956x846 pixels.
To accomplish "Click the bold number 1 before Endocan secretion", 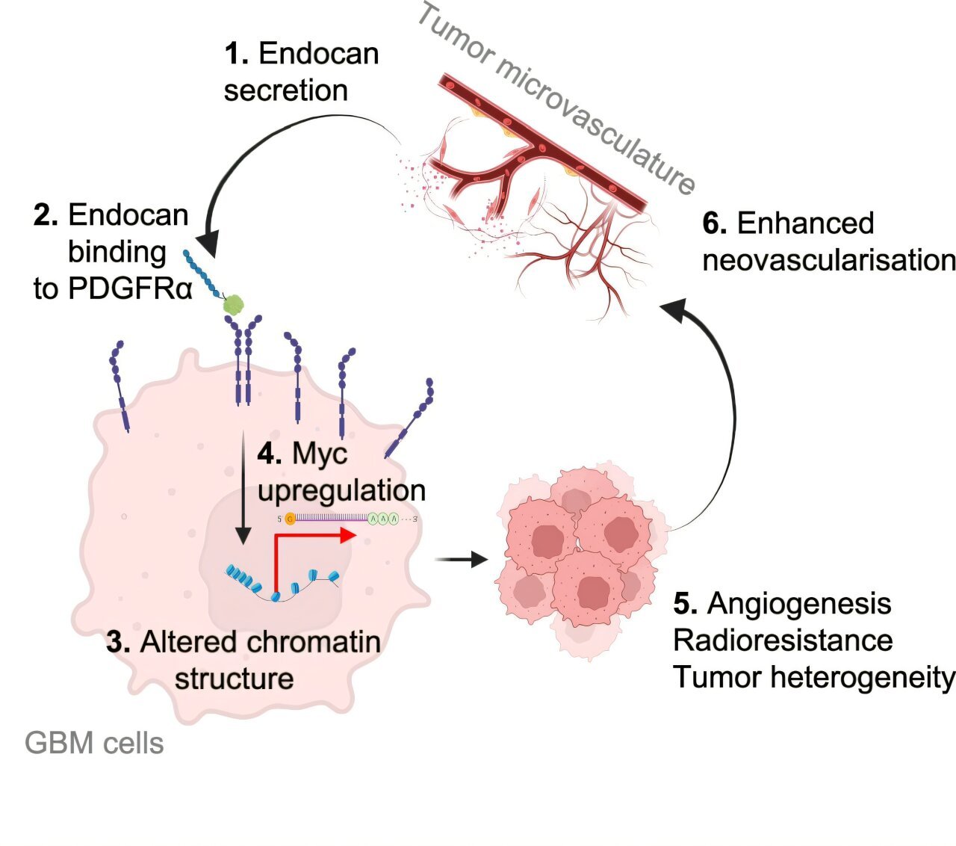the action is (237, 53).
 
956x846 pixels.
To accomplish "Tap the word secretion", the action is (286, 90).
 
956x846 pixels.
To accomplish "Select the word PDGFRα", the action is (130, 288).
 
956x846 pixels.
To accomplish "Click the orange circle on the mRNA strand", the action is (291, 519).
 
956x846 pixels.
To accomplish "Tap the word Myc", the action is (320, 454).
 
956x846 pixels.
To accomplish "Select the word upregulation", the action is (341, 491).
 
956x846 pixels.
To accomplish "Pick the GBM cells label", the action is (94, 743).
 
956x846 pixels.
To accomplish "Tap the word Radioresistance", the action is (783, 640).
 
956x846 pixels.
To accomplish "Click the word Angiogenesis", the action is (799, 604).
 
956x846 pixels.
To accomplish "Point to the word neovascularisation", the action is (829, 260).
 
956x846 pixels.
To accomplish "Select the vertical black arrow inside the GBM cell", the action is (243, 487).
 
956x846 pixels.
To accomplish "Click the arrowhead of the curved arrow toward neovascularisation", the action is (674, 309).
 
